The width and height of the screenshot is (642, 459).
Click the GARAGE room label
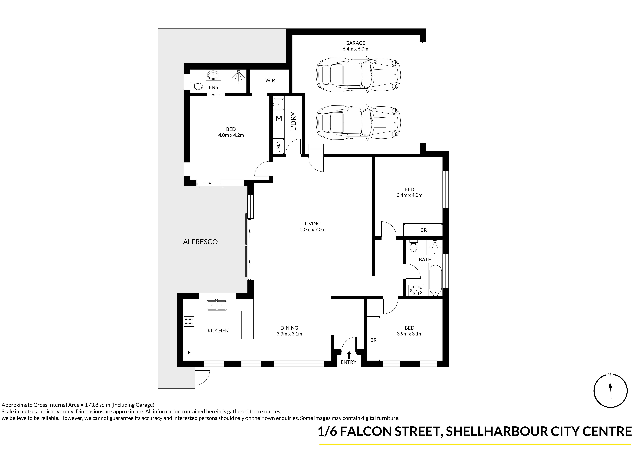(x=355, y=43)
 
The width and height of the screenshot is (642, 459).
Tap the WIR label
(x=270, y=81)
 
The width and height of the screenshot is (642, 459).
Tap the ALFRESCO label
(x=200, y=242)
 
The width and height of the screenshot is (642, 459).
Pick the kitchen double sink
(x=217, y=305)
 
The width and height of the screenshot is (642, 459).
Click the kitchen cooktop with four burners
(x=189, y=321)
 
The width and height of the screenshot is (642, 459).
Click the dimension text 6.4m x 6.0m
(x=355, y=49)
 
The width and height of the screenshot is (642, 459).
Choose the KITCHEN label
(x=218, y=331)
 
